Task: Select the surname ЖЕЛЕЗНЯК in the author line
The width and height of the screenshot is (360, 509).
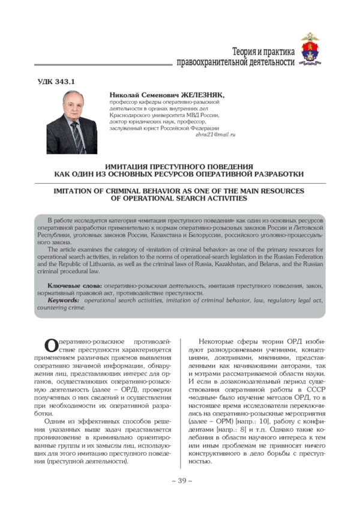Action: click(x=202, y=95)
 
